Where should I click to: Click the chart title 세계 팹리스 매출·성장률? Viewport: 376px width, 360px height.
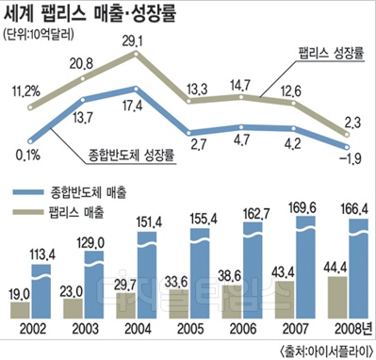point(90,13)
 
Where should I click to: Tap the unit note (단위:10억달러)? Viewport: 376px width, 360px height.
point(39,34)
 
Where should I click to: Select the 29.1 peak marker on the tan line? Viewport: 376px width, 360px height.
point(136,54)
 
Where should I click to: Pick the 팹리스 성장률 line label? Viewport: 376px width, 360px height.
point(331,53)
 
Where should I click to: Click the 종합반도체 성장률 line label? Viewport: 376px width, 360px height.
point(131,155)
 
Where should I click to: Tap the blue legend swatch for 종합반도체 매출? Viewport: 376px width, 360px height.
point(28,192)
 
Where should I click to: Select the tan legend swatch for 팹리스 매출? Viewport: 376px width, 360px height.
point(28,212)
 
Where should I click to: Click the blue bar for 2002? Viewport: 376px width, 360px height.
point(41,291)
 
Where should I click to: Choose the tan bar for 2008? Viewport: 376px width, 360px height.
point(337,297)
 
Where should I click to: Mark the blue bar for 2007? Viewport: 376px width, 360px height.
point(306,267)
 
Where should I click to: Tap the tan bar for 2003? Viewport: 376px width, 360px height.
point(73,308)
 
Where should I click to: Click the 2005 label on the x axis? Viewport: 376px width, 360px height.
point(190,329)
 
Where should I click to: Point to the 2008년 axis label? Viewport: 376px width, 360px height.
point(352,329)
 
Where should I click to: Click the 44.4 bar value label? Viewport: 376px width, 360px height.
point(335,268)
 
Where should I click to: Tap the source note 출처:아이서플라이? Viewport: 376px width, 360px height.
point(326,351)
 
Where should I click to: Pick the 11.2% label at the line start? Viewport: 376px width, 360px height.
point(26,91)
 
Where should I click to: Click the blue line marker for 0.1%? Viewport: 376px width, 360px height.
point(30,141)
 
